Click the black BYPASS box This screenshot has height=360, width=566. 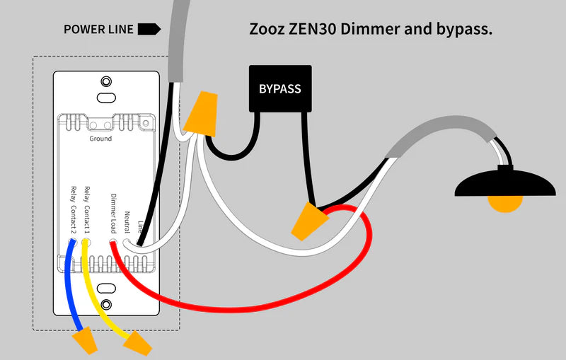coord(279,89)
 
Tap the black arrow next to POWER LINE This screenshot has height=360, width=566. coord(149,29)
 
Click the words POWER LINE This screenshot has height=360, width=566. coord(98,30)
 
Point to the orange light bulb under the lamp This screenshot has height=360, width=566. coord(506,203)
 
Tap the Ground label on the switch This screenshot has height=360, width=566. coord(100,139)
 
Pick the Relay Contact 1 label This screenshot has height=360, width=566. coord(87,209)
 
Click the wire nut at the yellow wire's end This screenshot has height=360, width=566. coord(138,344)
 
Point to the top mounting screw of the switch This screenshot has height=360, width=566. coord(106,81)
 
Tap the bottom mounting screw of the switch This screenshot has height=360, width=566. coord(106,305)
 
